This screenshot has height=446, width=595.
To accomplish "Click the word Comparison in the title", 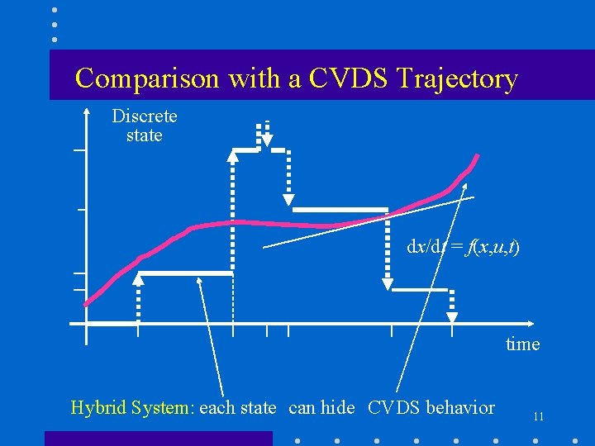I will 147,78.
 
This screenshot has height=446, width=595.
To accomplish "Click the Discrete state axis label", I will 145,126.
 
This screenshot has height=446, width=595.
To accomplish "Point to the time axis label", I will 522,344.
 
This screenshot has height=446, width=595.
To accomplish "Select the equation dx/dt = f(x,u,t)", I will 463,247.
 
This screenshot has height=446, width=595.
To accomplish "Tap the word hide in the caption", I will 337,407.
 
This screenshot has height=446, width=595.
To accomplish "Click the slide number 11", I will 538,417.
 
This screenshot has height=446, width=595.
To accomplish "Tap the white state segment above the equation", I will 340,210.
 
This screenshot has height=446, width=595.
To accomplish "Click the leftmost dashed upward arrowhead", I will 139,279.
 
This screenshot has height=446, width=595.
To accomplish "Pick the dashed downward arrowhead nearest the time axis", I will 451,317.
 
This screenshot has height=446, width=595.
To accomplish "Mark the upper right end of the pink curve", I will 477,157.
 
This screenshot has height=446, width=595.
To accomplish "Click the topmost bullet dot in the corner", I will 55,10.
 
